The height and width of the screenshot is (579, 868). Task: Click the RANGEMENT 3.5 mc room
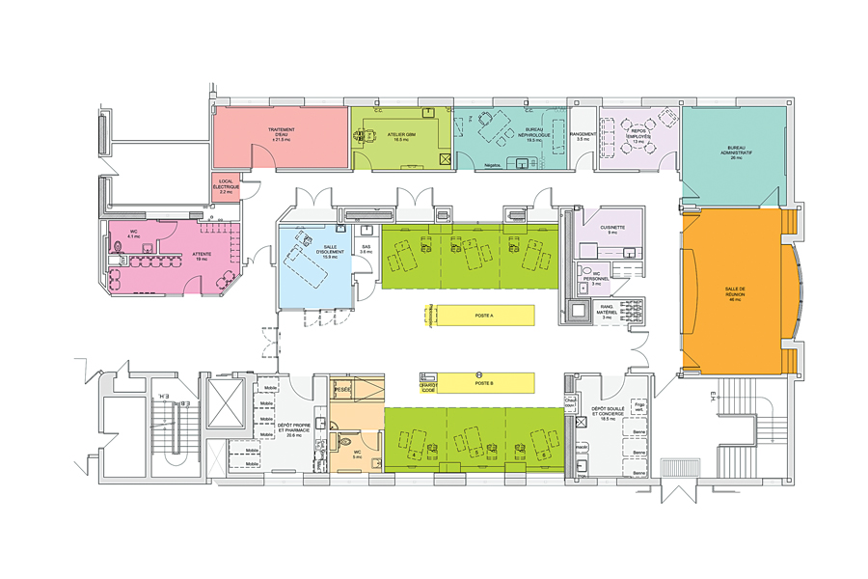click(x=582, y=136)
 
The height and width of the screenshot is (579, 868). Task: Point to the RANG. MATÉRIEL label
click(x=608, y=313)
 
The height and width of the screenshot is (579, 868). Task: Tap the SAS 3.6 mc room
click(x=366, y=249)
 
